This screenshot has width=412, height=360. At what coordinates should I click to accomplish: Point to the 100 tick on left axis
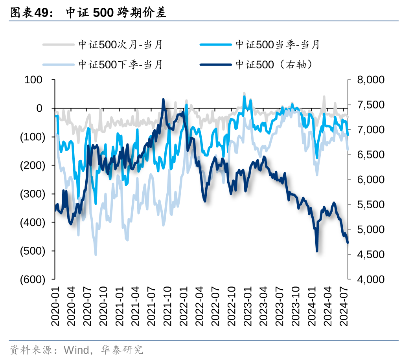point(34,80)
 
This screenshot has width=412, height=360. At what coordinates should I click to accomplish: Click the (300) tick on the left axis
point(33,194)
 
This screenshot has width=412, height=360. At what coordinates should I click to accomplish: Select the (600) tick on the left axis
point(33,279)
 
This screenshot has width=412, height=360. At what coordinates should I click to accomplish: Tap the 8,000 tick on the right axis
point(370,80)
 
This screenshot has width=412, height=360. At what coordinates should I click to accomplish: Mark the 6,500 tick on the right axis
point(370,155)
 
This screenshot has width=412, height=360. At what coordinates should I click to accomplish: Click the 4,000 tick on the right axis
point(370,279)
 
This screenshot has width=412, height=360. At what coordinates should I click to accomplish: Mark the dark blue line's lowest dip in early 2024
point(317,251)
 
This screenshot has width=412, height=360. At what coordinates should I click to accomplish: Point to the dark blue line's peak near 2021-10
point(164,99)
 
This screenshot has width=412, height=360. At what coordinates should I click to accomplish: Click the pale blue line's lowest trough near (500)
point(96,254)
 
